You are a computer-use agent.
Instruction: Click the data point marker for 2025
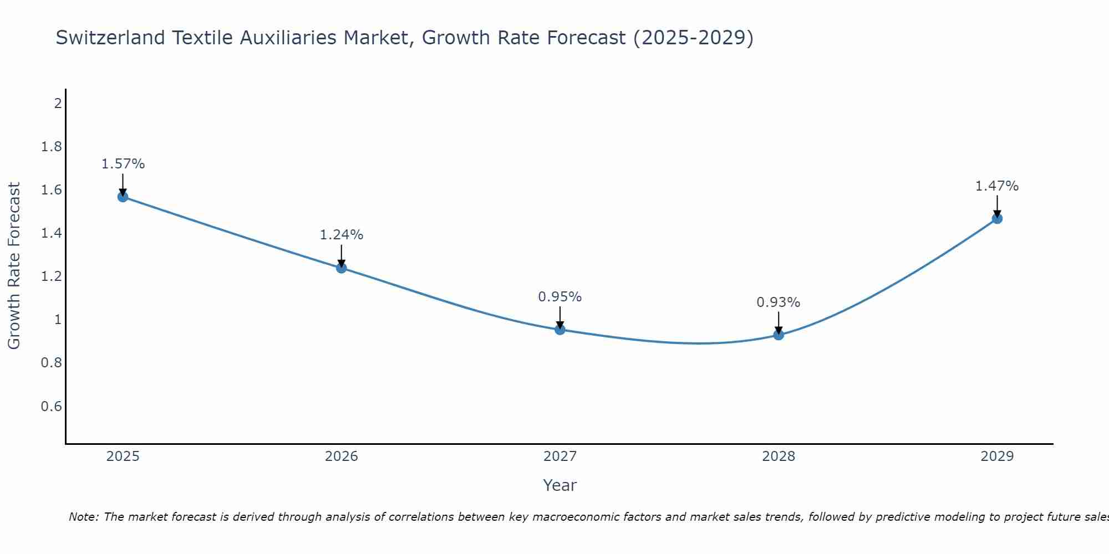pos(123,197)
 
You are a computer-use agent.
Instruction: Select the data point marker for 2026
pos(342,268)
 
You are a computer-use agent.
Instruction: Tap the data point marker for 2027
pos(560,330)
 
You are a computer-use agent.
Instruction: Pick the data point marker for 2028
pos(779,335)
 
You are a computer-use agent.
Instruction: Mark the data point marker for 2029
pos(997,218)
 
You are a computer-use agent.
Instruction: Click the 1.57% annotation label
pos(123,164)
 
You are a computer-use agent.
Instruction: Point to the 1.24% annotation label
pos(342,235)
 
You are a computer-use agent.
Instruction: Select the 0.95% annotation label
pos(560,297)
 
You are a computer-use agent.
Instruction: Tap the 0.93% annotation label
pos(779,302)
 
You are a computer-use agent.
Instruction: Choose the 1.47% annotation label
pos(997,186)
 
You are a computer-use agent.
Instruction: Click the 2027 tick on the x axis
pos(560,456)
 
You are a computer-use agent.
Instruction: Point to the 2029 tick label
pos(997,456)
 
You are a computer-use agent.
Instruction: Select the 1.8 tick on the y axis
pos(52,147)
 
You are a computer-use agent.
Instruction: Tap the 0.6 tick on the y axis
pos(52,407)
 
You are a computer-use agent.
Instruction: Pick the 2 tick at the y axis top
pos(58,103)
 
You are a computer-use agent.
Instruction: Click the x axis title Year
pos(560,485)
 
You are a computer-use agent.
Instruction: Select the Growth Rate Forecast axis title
pos(14,266)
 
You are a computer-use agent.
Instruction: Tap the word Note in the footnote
pos(83,517)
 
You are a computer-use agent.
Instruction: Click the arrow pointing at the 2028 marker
pos(779,322)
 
